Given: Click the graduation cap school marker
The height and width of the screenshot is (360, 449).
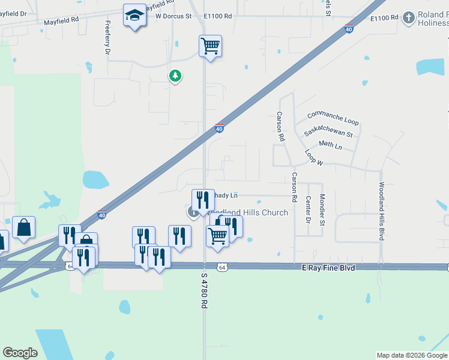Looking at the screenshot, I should coord(135,16).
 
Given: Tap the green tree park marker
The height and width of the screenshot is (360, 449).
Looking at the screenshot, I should coord(175,76).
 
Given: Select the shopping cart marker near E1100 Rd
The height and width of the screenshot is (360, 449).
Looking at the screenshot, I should coord(210,46).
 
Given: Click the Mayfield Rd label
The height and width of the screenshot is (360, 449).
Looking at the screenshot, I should coord(61,20).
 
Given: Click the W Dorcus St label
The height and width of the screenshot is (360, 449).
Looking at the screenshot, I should coord(173,17).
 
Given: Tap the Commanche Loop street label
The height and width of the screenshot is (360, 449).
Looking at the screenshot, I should coord(333,118).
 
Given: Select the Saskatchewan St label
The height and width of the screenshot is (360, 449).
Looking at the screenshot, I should coord(328,132).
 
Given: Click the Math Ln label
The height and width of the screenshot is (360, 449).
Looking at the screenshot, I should coord(330,145).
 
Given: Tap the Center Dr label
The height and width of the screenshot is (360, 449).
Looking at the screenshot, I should coord(308,209).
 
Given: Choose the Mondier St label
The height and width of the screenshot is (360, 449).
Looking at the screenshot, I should coord(322,209).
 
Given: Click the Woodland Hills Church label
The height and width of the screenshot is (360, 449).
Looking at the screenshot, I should coord(247,212).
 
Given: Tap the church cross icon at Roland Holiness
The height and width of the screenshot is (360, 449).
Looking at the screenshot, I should coord(408,17).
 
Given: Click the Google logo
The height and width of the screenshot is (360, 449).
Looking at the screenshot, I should coord(20,353).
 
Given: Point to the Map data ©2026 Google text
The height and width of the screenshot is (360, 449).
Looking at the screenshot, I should coord(412,355).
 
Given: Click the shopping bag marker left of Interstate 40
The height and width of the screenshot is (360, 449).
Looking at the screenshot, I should coord(23,227).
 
